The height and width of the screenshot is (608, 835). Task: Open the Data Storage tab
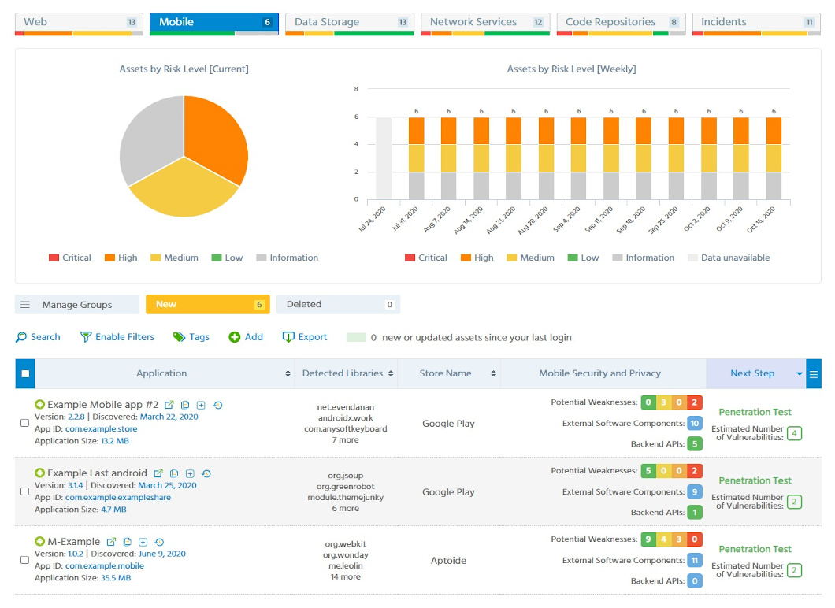pyautogui.click(x=349, y=23)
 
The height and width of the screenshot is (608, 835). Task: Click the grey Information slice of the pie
pyautogui.click(x=150, y=146)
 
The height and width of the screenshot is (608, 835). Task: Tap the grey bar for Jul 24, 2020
pyautogui.click(x=384, y=158)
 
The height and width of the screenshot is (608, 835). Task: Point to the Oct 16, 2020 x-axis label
pyautogui.click(x=763, y=220)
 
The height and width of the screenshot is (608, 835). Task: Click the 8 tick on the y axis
pyautogui.click(x=356, y=89)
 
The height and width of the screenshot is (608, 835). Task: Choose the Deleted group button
pyautogui.click(x=338, y=304)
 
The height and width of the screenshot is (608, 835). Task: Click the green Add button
pyautogui.click(x=246, y=337)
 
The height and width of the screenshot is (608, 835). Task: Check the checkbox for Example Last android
pyautogui.click(x=24, y=491)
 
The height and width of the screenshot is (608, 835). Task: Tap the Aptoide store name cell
pyautogui.click(x=448, y=561)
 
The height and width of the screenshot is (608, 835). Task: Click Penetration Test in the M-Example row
pyautogui.click(x=755, y=549)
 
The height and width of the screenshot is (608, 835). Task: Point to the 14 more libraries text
pyautogui.click(x=345, y=576)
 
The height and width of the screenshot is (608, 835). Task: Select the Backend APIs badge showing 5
pyautogui.click(x=694, y=444)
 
